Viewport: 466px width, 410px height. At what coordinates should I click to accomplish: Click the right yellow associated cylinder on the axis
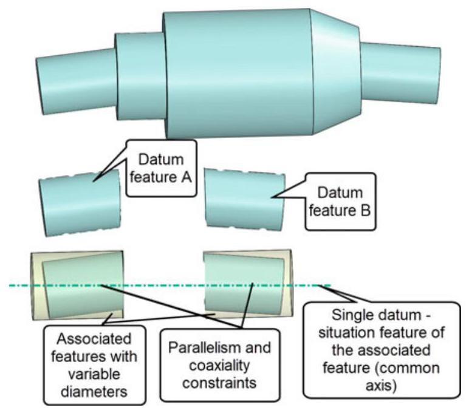(x=246, y=284)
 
